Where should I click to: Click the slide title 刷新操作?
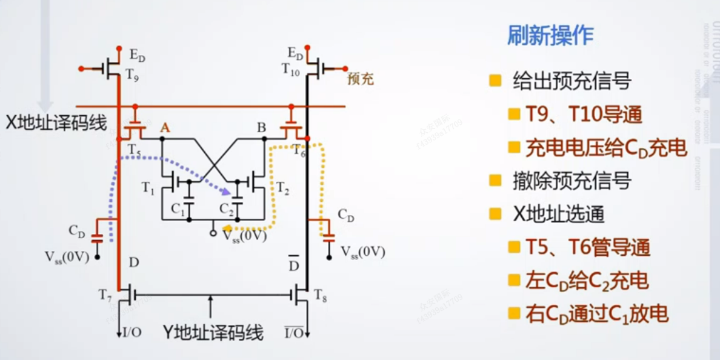550,36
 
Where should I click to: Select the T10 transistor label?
291,69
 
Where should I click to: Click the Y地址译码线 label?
213,332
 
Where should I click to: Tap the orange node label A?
165,128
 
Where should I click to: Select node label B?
261,128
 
